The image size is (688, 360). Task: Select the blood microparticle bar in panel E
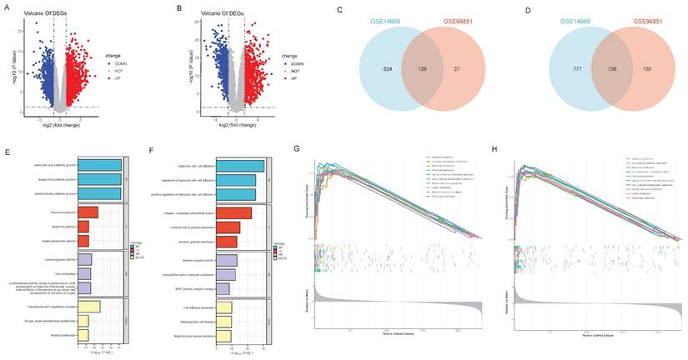point(88,212)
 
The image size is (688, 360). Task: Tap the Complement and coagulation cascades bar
point(88,307)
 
